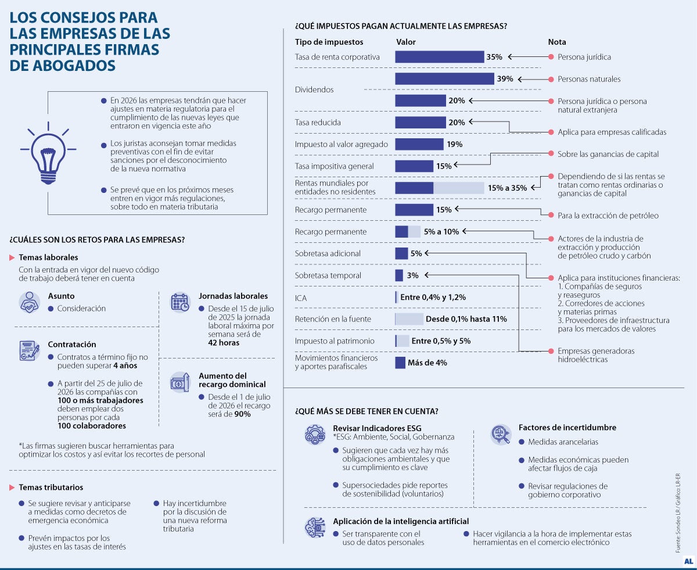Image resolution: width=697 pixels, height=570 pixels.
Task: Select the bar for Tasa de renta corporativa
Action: (439, 57)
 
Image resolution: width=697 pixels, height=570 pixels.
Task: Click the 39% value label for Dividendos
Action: (505, 79)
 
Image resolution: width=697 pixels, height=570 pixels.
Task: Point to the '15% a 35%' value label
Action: (507, 188)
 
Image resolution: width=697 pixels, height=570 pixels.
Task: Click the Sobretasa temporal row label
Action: (328, 275)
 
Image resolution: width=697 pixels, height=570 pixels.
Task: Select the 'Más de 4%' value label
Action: (427, 363)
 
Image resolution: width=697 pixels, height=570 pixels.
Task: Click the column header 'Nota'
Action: (556, 42)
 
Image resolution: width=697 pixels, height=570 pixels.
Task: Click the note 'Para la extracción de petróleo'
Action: (608, 216)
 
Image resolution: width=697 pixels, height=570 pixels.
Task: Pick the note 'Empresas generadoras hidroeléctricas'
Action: (595, 355)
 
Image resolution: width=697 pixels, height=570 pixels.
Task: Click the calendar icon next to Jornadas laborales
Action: (179, 302)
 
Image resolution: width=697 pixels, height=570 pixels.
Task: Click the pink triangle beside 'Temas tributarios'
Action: (13, 487)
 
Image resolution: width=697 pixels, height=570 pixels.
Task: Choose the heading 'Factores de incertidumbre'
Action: (567, 428)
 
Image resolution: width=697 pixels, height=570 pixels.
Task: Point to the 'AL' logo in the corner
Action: (688, 561)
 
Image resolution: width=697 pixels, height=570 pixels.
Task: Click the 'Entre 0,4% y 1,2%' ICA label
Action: (432, 297)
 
